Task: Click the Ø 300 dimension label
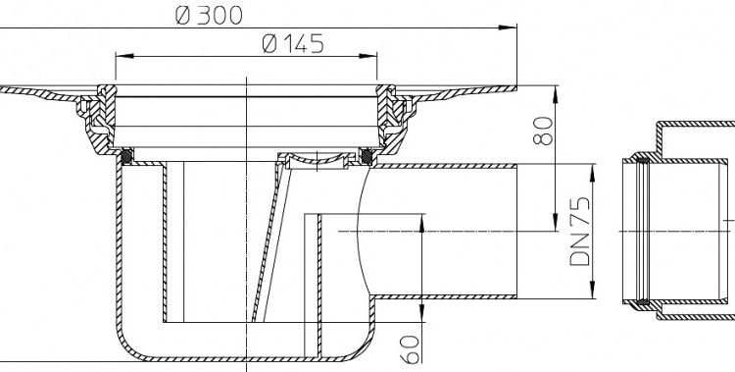(x=209, y=16)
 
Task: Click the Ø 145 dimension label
(x=293, y=44)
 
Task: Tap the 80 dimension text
(x=543, y=132)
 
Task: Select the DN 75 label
(x=580, y=232)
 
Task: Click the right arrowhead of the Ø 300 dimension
(x=508, y=27)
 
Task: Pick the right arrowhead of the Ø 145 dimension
(x=367, y=56)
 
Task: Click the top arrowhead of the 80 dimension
(x=556, y=94)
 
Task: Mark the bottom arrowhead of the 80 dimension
(x=556, y=222)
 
